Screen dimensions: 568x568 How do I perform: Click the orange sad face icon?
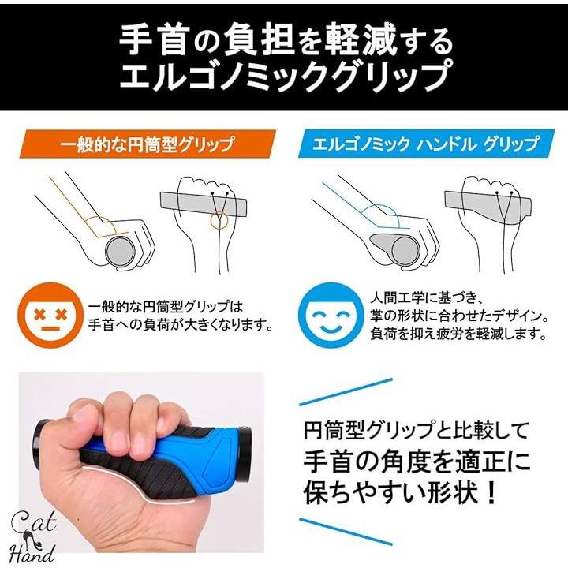[x=50, y=316]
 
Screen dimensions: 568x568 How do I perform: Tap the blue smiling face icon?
[x=331, y=316]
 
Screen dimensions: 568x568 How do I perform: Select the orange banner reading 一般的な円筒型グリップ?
[x=148, y=144]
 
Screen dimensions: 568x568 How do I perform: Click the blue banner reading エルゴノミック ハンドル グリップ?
[x=426, y=144]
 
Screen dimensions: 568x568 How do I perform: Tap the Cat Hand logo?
[x=32, y=536]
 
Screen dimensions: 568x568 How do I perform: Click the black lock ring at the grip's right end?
[x=245, y=448]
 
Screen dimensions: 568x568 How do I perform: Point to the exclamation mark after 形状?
[x=491, y=491]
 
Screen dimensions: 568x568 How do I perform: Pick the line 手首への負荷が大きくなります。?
[x=181, y=324]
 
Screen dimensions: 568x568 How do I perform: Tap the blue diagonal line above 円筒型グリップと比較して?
[x=346, y=392]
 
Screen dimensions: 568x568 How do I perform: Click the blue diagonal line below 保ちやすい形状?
[x=346, y=531]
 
